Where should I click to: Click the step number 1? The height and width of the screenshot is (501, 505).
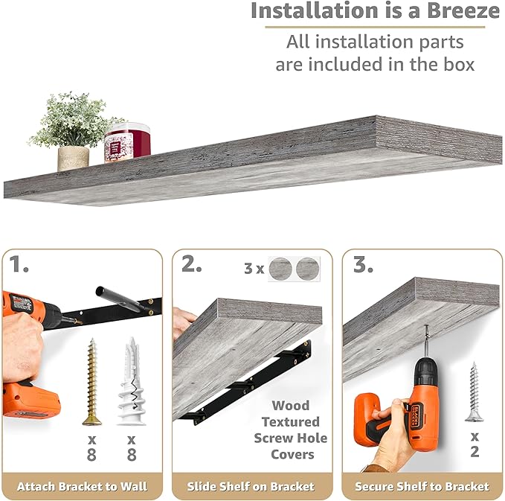pyautogui.click(x=20, y=264)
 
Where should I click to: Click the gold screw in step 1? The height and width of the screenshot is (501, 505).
pyautogui.click(x=91, y=380)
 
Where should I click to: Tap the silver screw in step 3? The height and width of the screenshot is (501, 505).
pyautogui.click(x=474, y=392)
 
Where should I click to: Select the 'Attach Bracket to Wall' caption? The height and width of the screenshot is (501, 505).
pyautogui.click(x=82, y=487)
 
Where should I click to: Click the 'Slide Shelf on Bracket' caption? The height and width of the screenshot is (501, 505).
pyautogui.click(x=252, y=487)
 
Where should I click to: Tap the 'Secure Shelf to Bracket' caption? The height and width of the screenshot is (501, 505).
pyautogui.click(x=422, y=487)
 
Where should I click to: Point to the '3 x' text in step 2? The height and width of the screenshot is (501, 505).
pyautogui.click(x=253, y=267)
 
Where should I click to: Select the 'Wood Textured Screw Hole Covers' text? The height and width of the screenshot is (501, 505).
pyautogui.click(x=290, y=430)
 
